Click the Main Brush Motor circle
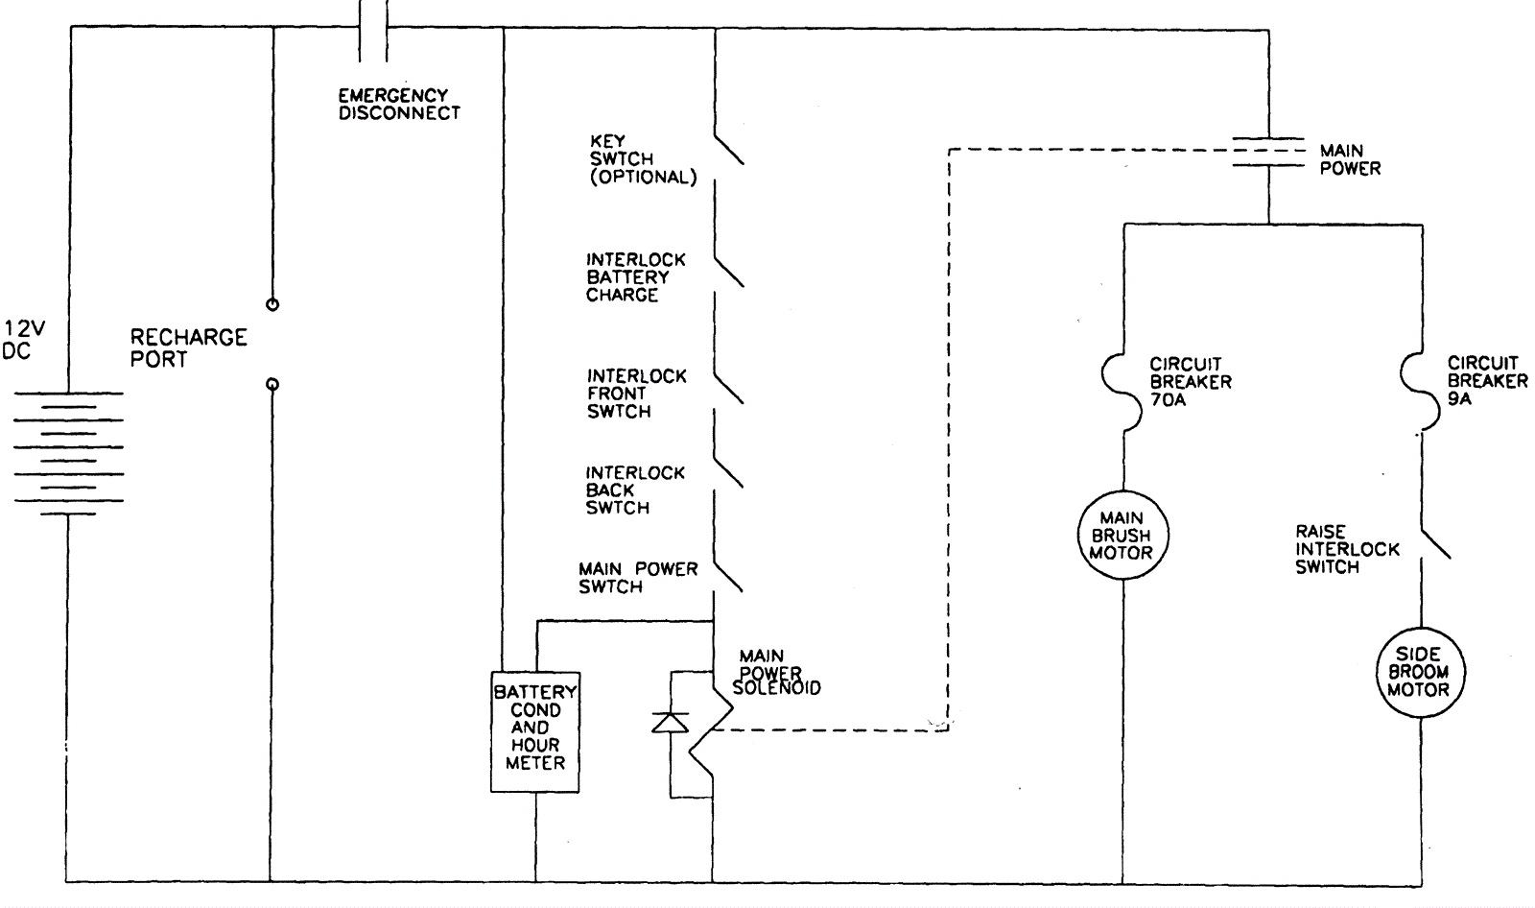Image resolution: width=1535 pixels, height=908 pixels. (1121, 536)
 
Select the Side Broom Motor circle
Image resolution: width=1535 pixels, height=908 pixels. (1417, 672)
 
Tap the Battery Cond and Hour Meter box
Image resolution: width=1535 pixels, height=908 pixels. (535, 731)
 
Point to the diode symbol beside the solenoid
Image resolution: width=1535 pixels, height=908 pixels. (670, 722)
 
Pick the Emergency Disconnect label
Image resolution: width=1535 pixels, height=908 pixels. (398, 104)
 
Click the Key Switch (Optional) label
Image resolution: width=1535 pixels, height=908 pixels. (642, 159)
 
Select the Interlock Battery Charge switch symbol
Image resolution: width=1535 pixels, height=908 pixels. (728, 270)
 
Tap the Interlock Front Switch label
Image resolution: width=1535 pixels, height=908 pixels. (636, 394)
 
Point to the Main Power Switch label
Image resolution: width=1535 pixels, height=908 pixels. (637, 578)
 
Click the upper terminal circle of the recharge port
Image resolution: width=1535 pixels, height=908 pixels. (272, 304)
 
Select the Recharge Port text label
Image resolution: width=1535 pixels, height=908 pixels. (188, 348)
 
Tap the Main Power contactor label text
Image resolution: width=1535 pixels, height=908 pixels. (1350, 159)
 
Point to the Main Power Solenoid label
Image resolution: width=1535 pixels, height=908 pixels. (776, 673)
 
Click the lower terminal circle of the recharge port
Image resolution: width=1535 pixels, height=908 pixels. (272, 385)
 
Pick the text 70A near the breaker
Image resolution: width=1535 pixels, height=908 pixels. (1168, 399)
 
